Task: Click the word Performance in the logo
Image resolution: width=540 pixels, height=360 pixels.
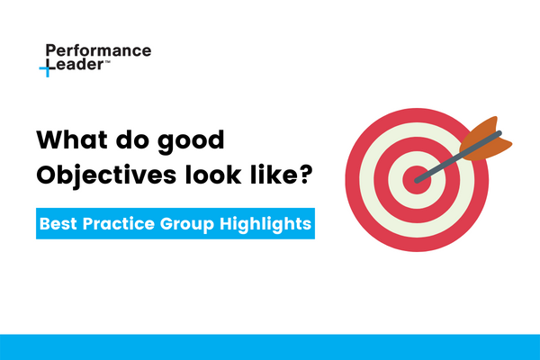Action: pos(97,51)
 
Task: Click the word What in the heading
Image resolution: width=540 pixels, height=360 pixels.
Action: pos(69,141)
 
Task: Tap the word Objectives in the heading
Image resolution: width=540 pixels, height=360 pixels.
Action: pos(99,175)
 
